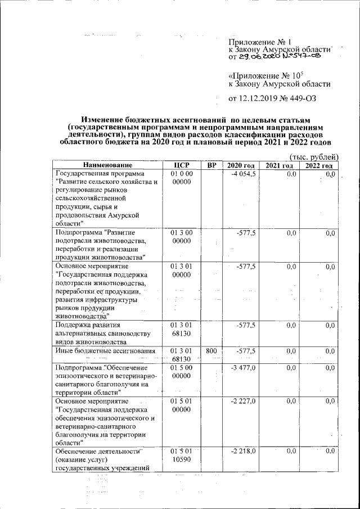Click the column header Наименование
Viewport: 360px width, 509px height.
click(x=108, y=165)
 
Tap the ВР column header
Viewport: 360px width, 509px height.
click(x=211, y=165)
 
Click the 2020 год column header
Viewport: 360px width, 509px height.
click(x=241, y=165)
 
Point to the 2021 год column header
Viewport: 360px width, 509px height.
click(x=280, y=165)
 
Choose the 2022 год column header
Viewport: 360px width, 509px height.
click(x=319, y=165)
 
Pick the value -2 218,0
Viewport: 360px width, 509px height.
click(x=244, y=451)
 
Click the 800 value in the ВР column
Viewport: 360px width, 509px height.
click(x=211, y=351)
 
